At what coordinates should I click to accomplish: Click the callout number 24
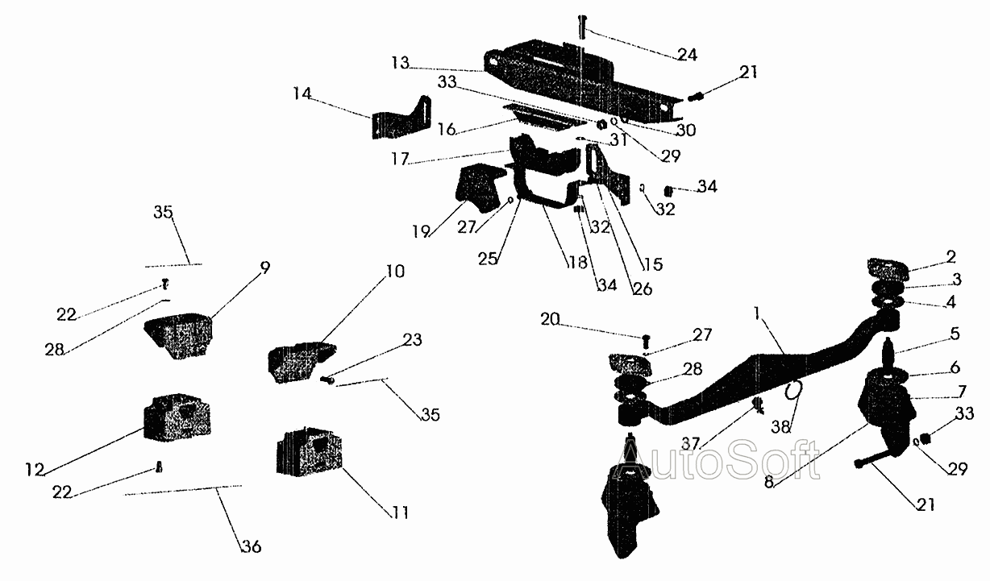click(687, 55)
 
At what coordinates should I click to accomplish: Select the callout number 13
click(400, 63)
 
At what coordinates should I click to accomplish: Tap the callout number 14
click(302, 93)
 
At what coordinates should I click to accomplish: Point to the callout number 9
click(264, 268)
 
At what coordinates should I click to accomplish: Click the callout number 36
click(252, 546)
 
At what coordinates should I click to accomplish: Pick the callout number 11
click(400, 513)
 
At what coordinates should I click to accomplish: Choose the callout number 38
click(780, 427)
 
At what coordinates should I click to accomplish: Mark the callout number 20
click(550, 319)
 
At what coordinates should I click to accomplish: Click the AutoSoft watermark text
click(719, 459)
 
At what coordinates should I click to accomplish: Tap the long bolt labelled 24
click(582, 27)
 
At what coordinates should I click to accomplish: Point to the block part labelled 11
click(310, 453)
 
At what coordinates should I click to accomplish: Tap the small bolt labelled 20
click(647, 341)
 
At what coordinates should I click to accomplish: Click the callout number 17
click(400, 159)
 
